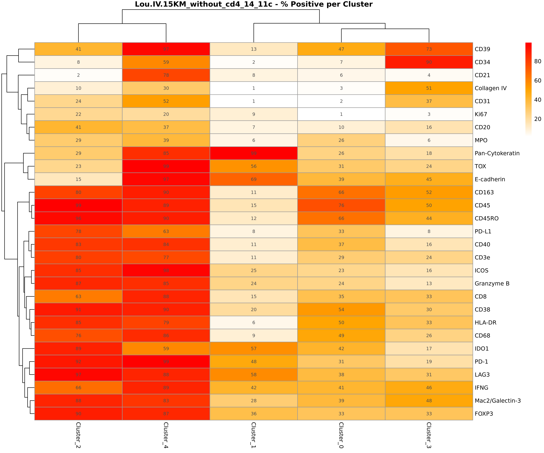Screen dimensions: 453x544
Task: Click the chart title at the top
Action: pos(254,4)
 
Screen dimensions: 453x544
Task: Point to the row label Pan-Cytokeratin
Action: pos(497,153)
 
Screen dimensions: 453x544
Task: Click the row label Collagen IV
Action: pos(490,88)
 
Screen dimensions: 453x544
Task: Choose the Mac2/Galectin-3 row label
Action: pos(497,401)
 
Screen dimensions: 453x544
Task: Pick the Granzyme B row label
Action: pos(492,283)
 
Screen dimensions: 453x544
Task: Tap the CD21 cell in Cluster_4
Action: pos(166,75)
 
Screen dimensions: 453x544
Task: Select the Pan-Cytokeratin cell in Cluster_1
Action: pos(254,153)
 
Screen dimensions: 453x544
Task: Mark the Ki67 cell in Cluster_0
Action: pos(341,114)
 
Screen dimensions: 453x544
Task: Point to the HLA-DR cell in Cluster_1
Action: pos(254,323)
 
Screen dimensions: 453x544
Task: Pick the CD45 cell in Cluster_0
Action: pos(341,205)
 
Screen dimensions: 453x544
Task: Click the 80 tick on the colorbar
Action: pos(538,61)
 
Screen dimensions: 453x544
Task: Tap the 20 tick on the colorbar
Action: pos(538,119)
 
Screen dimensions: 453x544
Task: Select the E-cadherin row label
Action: pos(490,179)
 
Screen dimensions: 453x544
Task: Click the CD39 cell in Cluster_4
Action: pos(166,49)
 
